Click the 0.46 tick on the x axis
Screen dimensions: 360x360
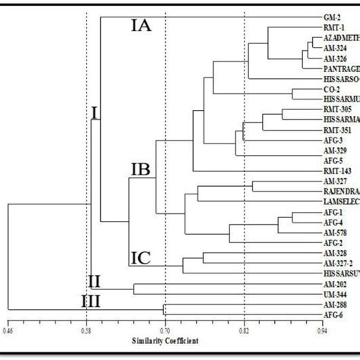[8, 331]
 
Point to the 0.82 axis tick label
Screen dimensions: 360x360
[244, 331]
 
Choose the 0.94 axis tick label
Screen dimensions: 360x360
[322, 331]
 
